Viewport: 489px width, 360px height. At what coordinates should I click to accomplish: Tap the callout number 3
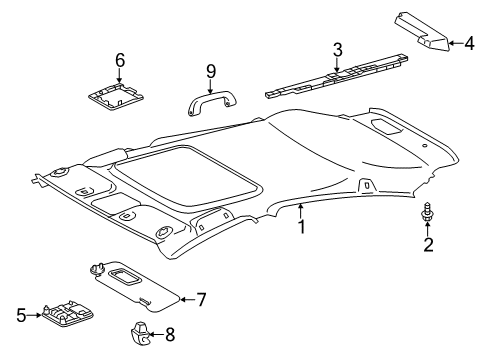tap(337, 49)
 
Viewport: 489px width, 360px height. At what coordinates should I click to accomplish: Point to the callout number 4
tap(468, 42)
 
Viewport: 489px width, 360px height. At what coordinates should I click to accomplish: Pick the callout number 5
tap(19, 314)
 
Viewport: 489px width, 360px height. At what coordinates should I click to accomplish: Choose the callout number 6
tap(120, 60)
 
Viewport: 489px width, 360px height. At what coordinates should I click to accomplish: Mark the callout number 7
tap(201, 299)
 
